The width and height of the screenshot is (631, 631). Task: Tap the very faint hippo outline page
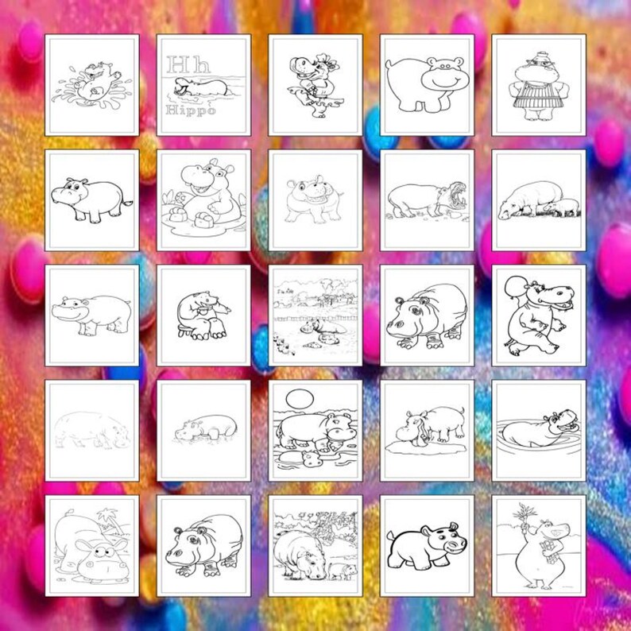tap(91, 429)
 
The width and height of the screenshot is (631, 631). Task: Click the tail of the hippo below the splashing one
tap(127, 203)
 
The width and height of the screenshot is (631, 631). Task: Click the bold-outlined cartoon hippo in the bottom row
tap(425, 546)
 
